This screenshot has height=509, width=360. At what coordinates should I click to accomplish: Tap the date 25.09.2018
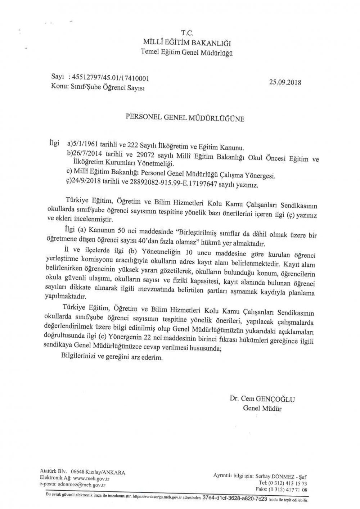point(285,82)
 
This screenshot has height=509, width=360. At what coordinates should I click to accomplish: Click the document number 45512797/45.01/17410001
point(111,78)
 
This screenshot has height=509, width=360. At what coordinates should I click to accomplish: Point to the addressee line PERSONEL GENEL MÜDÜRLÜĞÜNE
point(184,118)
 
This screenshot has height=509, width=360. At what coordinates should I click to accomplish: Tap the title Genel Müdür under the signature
point(262,408)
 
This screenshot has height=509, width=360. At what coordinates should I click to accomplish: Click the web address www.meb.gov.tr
point(91,478)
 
